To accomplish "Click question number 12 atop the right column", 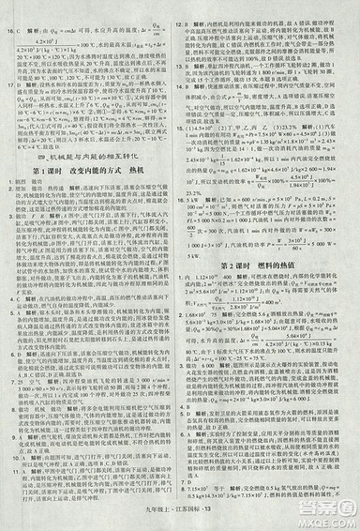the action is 187,7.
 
